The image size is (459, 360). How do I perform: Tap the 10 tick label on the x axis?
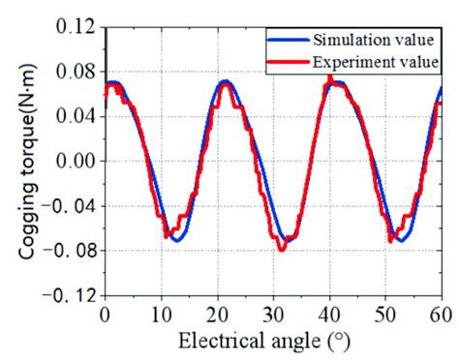click(x=161, y=315)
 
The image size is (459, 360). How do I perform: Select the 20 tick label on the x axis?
click(x=217, y=315)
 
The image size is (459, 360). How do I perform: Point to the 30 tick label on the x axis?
click(x=273, y=315)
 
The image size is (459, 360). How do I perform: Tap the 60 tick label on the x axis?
click(x=439, y=315)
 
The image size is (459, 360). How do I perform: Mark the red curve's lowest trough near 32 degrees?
click(x=282, y=249)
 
